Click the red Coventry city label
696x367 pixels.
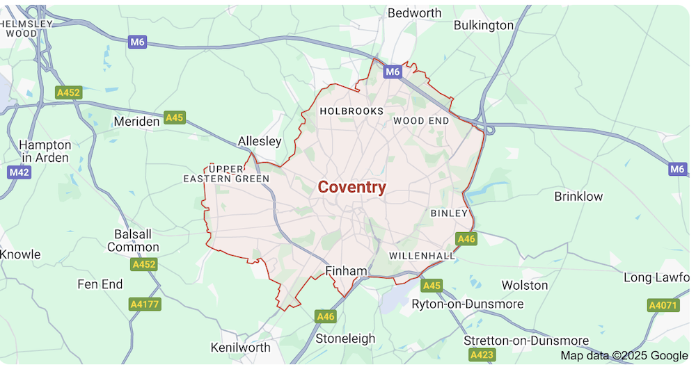351,187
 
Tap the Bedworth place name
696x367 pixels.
414,13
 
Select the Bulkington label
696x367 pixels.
483,26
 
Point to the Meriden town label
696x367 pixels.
136,122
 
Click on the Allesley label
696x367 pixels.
260,141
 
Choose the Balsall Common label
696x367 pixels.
133,240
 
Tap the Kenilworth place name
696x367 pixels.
240,347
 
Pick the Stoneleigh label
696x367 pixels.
345,339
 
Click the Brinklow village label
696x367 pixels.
578,196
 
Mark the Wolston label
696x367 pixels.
525,285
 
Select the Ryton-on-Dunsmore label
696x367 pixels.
467,304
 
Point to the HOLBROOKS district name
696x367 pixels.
351,111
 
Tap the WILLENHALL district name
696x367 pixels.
422,256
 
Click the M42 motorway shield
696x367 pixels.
19,172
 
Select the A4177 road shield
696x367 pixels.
145,304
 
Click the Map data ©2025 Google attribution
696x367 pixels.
624,356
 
